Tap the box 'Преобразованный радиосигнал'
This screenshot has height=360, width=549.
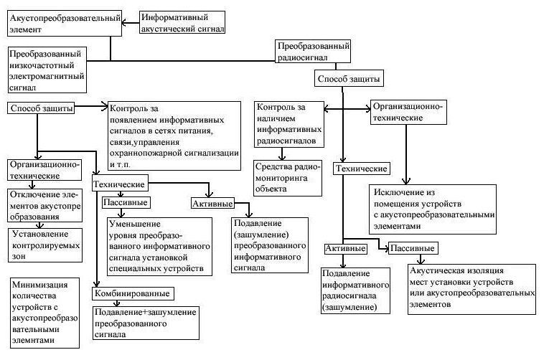pos(313,52)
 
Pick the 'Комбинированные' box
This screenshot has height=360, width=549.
pos(132,293)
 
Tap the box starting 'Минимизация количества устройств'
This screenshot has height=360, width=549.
pos(44,312)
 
